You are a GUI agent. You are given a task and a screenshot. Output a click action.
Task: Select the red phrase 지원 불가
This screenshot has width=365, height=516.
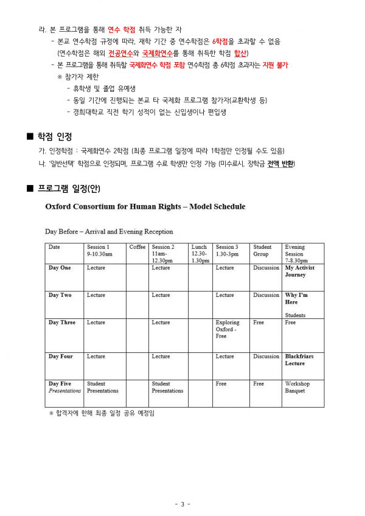click(x=275, y=64)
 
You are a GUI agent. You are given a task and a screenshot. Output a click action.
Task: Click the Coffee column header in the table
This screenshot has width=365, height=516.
click(x=137, y=247)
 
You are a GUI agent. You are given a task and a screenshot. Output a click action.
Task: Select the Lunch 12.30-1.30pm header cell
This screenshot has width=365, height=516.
click(x=200, y=253)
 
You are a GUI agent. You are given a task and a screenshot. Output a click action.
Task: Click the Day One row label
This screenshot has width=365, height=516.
click(x=60, y=268)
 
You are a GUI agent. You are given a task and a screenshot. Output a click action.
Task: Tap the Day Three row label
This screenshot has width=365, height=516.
click(x=61, y=322)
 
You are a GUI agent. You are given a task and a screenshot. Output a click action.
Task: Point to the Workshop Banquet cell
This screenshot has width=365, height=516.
click(x=297, y=387)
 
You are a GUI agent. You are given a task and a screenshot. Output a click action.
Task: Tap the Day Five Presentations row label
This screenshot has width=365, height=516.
click(x=64, y=387)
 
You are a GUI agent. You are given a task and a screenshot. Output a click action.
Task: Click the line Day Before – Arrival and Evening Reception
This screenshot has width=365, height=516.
click(x=109, y=231)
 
